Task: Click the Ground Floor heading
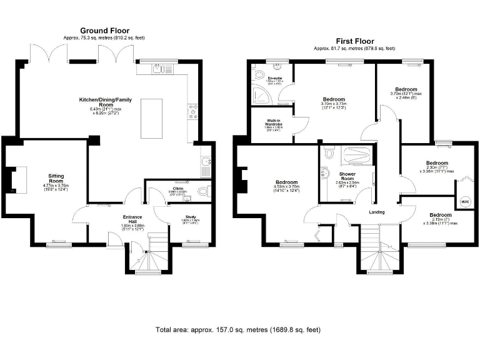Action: tap(104, 30)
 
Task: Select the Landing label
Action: tap(376, 212)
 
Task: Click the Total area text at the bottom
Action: tap(239, 329)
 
